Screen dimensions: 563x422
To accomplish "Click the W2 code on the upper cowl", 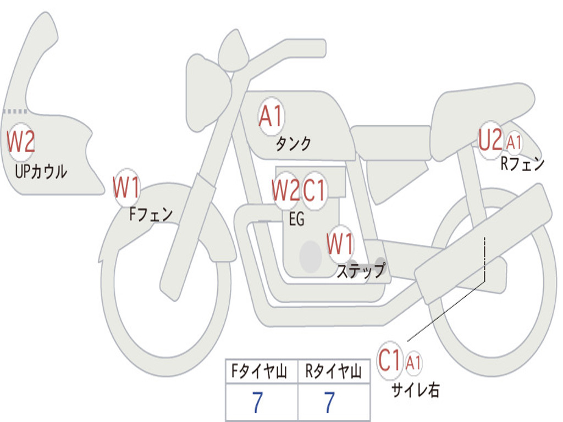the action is click(x=21, y=142).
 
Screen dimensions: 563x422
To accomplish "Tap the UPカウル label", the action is click(x=41, y=171).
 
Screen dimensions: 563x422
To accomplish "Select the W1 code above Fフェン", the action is click(x=126, y=187).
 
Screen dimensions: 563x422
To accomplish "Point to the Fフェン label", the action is click(x=151, y=214).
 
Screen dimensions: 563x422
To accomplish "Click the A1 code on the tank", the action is click(x=271, y=116).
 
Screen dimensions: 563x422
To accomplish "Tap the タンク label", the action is click(x=293, y=143).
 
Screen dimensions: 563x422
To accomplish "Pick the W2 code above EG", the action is click(x=285, y=190).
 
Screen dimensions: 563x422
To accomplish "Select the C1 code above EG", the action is click(x=314, y=190).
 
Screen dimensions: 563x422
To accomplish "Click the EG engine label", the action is click(x=296, y=219).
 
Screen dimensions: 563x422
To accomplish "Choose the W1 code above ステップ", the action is click(x=340, y=244).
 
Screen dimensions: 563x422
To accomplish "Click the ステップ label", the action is click(x=361, y=270).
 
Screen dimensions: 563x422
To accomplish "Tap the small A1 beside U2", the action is click(x=514, y=142).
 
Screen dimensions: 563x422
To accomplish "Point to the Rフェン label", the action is click(x=522, y=164).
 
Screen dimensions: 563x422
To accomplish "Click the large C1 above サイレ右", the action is click(x=389, y=360).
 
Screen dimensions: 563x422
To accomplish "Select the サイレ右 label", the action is click(x=416, y=390).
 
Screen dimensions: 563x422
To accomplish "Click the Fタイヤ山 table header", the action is click(x=260, y=371).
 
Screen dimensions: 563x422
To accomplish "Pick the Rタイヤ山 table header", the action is click(x=333, y=371).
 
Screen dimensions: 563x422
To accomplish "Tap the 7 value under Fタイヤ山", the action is click(x=257, y=402).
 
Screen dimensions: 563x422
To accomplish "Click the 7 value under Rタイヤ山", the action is click(x=330, y=402).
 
